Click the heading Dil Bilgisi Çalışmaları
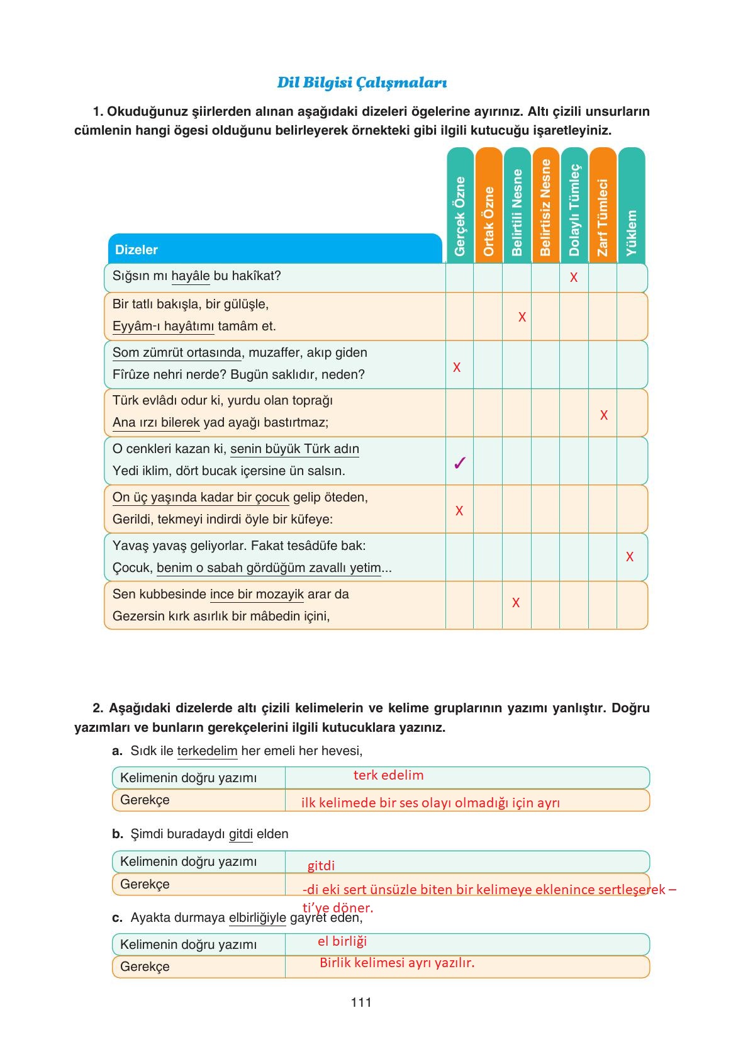coord(362,82)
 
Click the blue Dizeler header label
coord(137,250)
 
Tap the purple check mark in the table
coord(460,464)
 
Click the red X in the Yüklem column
coord(630,557)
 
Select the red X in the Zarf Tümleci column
coord(604,415)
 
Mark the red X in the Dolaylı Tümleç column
coord(574,277)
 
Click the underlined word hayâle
coord(190,276)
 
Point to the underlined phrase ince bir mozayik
coord(257,595)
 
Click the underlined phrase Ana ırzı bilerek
coord(156,423)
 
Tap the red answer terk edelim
coord(388,775)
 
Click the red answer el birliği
coord(342,941)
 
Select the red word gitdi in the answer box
coord(321,866)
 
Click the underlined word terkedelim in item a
coord(207,751)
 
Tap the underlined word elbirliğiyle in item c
coord(257,918)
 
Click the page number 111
coord(361,1002)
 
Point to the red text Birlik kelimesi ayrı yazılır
coord(397,963)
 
